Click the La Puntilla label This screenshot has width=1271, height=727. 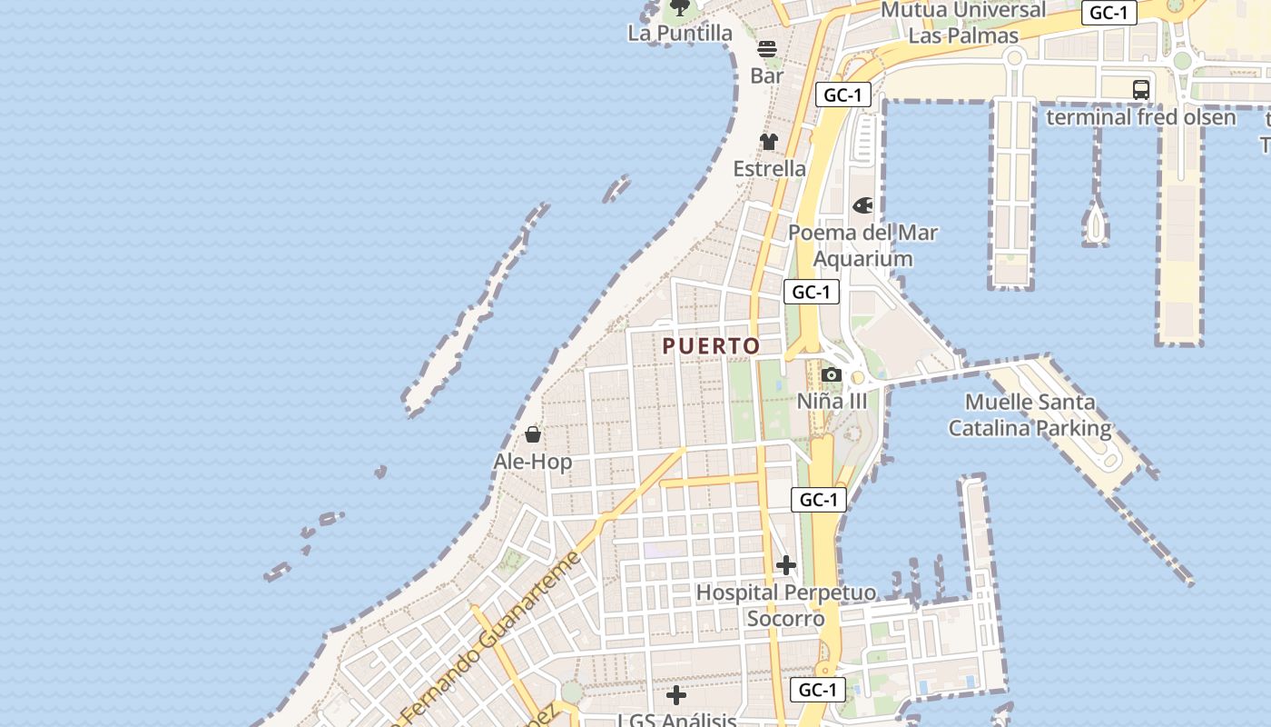click(x=680, y=34)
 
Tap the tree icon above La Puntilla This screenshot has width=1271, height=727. click(x=679, y=9)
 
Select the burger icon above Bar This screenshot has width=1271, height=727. click(x=767, y=49)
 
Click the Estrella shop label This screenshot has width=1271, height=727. click(x=769, y=168)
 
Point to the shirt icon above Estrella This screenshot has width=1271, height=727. click(x=769, y=142)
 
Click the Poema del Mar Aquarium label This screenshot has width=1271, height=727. click(x=862, y=245)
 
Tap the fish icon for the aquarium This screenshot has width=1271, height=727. click(x=862, y=206)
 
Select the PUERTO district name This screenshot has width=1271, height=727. click(x=711, y=346)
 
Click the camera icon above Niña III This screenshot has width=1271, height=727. click(x=831, y=374)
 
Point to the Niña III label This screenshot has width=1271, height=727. click(x=832, y=401)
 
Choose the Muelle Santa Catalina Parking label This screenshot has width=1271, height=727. click(x=1030, y=415)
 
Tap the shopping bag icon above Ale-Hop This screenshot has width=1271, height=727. click(x=533, y=434)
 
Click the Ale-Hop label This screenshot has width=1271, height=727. click(x=533, y=462)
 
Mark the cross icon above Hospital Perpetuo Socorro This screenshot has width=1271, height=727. click(x=786, y=565)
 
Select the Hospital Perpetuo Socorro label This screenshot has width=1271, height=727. click(x=786, y=606)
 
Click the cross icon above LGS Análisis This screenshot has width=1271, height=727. click(x=676, y=695)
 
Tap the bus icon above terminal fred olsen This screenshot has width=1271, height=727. click(x=1141, y=90)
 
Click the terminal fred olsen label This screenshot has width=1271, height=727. click(x=1141, y=117)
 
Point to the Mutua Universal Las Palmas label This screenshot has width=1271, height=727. click(x=963, y=23)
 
